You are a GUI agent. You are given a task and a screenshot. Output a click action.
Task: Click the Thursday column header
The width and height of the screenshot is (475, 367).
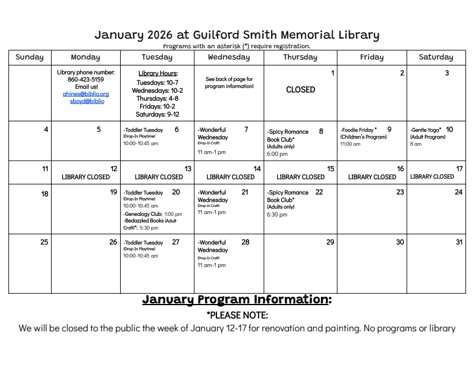(x=300, y=57)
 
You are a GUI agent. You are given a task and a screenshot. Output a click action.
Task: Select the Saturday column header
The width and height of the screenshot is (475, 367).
(x=436, y=57)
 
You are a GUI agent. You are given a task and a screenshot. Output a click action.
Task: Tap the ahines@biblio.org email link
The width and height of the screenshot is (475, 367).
(x=86, y=94)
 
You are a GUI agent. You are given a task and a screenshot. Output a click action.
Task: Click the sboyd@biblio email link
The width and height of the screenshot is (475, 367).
(x=86, y=101)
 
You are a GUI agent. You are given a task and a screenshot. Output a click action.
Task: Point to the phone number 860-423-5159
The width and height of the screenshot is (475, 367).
(x=86, y=79)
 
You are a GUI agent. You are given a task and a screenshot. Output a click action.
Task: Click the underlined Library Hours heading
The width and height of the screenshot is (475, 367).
(x=158, y=73)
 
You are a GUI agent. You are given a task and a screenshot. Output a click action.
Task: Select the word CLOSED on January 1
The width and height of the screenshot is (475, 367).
(x=300, y=90)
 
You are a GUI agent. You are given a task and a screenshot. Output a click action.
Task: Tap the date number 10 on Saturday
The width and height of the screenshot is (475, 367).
(x=449, y=129)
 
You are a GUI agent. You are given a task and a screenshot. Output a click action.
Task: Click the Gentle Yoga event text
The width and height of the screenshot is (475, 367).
(x=426, y=130)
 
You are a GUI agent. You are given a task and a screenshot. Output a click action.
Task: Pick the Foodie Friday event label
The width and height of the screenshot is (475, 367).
(x=358, y=130)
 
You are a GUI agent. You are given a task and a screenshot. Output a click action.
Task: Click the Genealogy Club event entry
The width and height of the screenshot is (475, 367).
(x=143, y=214)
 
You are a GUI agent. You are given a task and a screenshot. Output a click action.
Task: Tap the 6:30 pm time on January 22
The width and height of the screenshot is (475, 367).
(x=277, y=215)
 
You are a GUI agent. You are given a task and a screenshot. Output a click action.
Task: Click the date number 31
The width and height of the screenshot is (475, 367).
(x=458, y=242)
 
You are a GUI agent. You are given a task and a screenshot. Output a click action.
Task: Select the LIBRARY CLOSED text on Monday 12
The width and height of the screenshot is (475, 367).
(x=86, y=177)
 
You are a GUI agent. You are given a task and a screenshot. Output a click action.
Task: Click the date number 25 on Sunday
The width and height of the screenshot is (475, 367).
(x=44, y=242)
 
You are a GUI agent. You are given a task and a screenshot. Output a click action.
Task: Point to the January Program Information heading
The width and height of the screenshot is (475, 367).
(x=237, y=299)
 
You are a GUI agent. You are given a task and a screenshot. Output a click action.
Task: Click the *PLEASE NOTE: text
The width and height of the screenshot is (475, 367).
(x=237, y=315)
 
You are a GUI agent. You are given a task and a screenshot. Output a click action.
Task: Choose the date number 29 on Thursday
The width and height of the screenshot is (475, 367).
(x=330, y=242)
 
